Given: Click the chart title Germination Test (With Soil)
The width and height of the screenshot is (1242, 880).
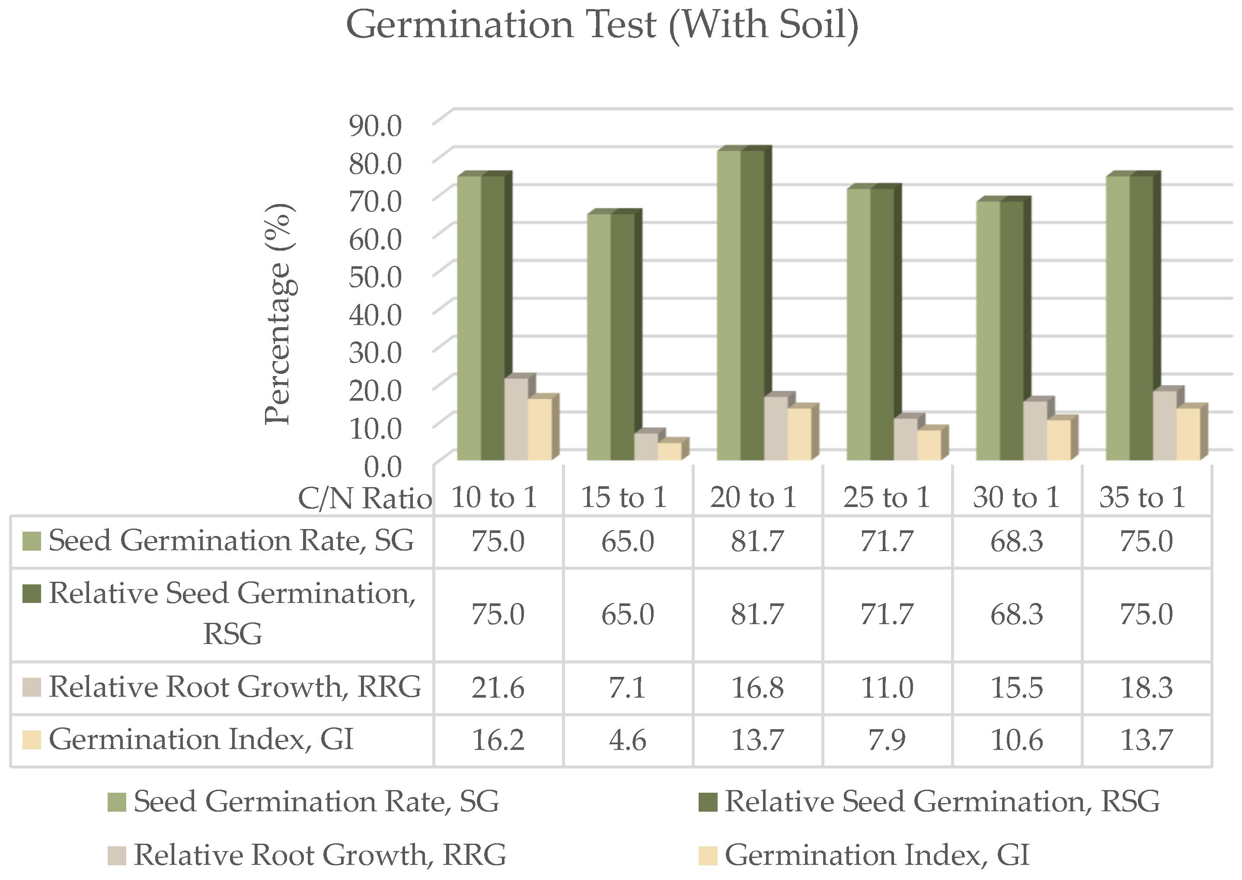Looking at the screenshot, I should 602,26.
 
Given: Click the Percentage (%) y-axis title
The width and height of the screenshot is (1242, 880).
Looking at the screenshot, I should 280,314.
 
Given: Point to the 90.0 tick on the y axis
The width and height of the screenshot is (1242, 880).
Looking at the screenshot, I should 375,126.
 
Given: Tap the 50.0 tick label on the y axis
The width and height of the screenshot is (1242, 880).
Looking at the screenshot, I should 375,277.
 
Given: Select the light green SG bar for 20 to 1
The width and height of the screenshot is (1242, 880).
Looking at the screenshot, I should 729,303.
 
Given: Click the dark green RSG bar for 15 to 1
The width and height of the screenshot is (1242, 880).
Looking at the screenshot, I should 623,336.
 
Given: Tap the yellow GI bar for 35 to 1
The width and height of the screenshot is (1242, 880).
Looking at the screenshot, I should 1188,434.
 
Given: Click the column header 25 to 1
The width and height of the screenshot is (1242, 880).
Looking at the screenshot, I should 887,497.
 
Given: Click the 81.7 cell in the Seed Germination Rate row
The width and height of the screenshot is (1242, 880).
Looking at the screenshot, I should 757,541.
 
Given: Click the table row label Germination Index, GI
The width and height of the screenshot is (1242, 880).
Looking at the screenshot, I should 201,740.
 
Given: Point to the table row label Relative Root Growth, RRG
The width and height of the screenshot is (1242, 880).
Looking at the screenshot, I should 234,687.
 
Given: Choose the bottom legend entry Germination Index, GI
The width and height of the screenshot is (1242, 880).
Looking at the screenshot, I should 876,855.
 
